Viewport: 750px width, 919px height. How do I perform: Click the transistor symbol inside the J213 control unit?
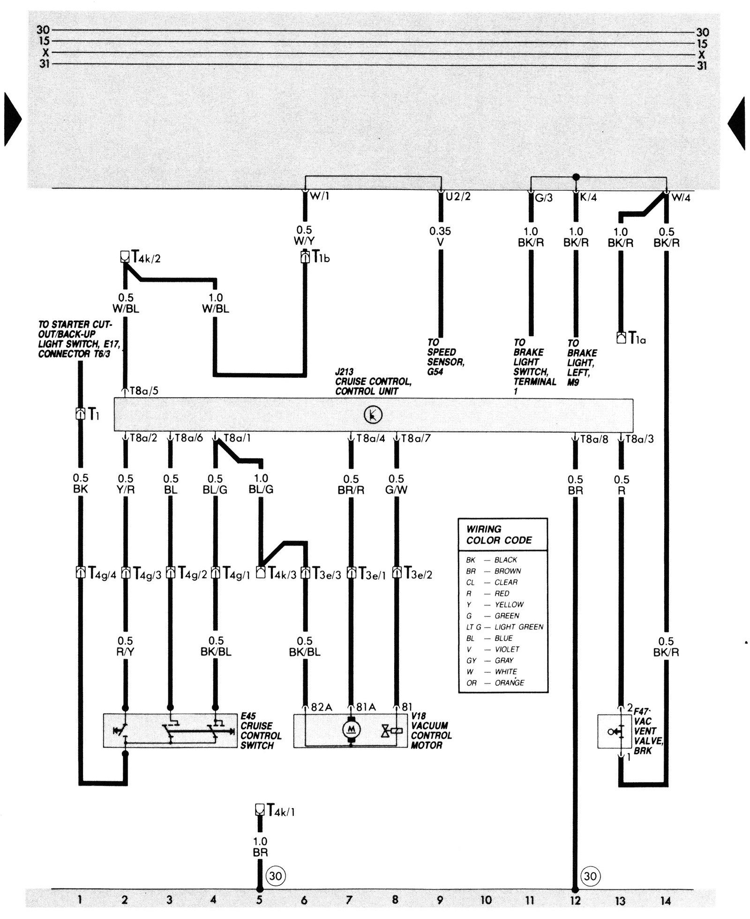(373, 414)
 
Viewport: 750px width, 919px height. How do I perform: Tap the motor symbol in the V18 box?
(351, 741)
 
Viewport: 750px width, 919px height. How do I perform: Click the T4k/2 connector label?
(146, 257)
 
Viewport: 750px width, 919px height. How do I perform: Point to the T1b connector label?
(321, 257)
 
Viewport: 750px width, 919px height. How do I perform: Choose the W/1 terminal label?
(320, 196)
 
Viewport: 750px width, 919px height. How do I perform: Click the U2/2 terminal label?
(457, 196)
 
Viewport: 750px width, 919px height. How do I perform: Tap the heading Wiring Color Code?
(499, 535)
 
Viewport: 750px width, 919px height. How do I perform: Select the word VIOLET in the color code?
(507, 649)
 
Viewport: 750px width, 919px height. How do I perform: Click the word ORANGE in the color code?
(509, 683)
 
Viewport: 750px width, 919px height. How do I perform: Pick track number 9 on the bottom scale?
(440, 900)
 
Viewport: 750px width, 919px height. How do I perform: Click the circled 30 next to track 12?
(590, 876)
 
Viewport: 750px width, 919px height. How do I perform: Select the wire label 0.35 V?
(440, 237)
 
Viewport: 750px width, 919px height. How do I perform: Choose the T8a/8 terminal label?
(594, 439)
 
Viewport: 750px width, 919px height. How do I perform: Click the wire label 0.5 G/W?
(396, 484)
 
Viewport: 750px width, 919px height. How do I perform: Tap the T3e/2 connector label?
(418, 573)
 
